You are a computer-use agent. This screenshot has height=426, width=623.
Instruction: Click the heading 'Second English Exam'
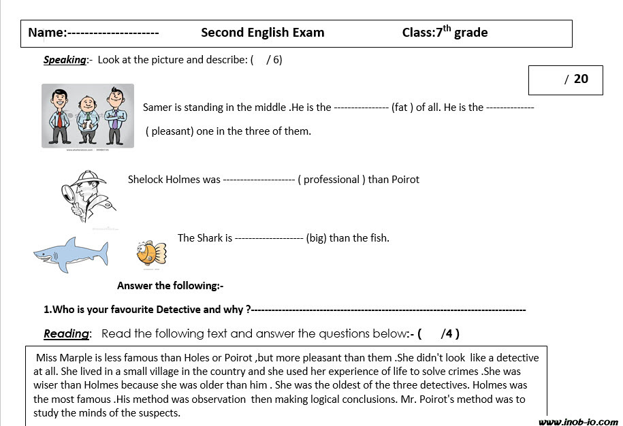(x=263, y=33)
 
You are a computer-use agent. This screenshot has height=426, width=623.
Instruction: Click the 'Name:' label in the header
(x=47, y=33)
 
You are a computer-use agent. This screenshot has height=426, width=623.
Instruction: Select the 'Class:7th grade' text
(x=445, y=32)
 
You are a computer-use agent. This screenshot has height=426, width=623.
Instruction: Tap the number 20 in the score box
(x=581, y=79)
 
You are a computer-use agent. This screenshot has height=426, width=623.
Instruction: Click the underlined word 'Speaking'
(x=65, y=60)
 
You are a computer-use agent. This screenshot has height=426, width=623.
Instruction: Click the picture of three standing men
(x=88, y=116)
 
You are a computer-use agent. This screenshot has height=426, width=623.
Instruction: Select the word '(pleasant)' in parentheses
(x=170, y=131)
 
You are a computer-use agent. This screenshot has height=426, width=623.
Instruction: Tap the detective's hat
(x=91, y=180)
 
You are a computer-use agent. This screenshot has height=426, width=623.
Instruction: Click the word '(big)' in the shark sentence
(x=316, y=238)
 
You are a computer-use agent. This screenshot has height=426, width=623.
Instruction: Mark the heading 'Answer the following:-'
(x=170, y=286)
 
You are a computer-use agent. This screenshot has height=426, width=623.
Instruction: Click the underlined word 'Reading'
(x=66, y=333)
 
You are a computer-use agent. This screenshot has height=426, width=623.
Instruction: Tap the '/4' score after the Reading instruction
(x=449, y=333)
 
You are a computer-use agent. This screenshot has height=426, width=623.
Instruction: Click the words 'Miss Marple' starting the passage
(x=62, y=358)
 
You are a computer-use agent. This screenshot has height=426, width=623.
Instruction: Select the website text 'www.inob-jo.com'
(x=578, y=422)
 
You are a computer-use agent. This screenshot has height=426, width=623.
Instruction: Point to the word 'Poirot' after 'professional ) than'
(x=405, y=180)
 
